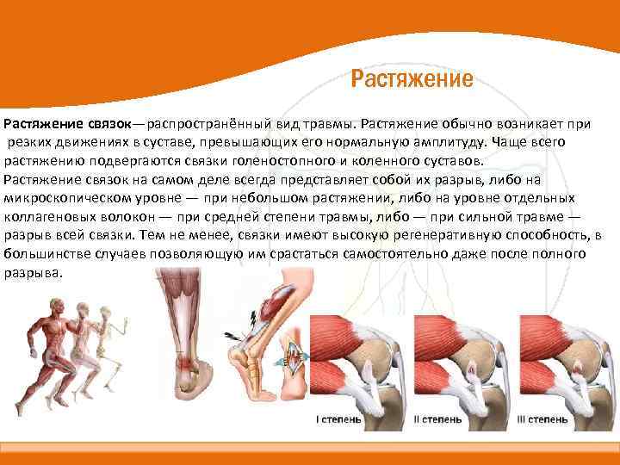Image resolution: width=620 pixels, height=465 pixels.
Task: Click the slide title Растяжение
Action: [x=412, y=80]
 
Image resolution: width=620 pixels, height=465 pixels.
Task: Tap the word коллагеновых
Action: [x=46, y=216]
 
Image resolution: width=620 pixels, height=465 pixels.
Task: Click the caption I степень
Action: [x=338, y=419]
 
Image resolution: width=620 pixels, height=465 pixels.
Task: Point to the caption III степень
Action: [x=542, y=419]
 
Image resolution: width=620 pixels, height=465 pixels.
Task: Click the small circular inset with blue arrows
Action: [x=294, y=353]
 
